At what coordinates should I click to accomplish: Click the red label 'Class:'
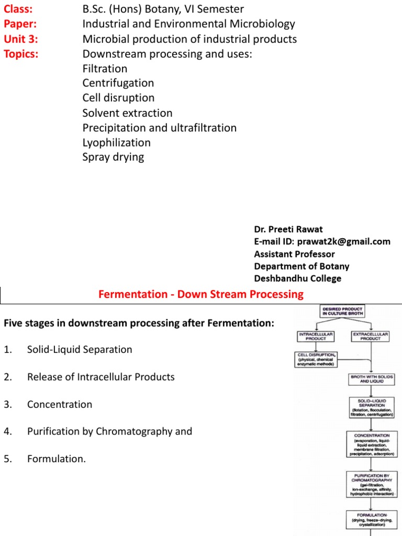click(x=18, y=9)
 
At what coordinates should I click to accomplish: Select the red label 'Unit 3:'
click(x=21, y=39)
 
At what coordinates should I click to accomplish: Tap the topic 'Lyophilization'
click(x=116, y=142)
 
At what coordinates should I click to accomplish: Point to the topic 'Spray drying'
click(x=113, y=157)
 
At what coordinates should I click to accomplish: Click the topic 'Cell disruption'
click(x=118, y=98)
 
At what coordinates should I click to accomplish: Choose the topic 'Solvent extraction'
click(x=127, y=113)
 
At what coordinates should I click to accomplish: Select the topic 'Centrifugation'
click(x=118, y=83)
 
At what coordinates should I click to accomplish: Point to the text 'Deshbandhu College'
click(x=297, y=278)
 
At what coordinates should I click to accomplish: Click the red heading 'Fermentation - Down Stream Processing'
click(x=201, y=294)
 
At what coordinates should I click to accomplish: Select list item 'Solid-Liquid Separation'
click(x=80, y=350)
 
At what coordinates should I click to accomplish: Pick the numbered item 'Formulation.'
click(x=56, y=459)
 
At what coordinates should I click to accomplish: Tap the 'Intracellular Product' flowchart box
click(x=316, y=336)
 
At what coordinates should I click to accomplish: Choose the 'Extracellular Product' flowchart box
click(x=370, y=336)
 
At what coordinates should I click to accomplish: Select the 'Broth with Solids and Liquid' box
click(x=371, y=379)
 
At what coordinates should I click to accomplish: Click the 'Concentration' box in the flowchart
click(x=372, y=444)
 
